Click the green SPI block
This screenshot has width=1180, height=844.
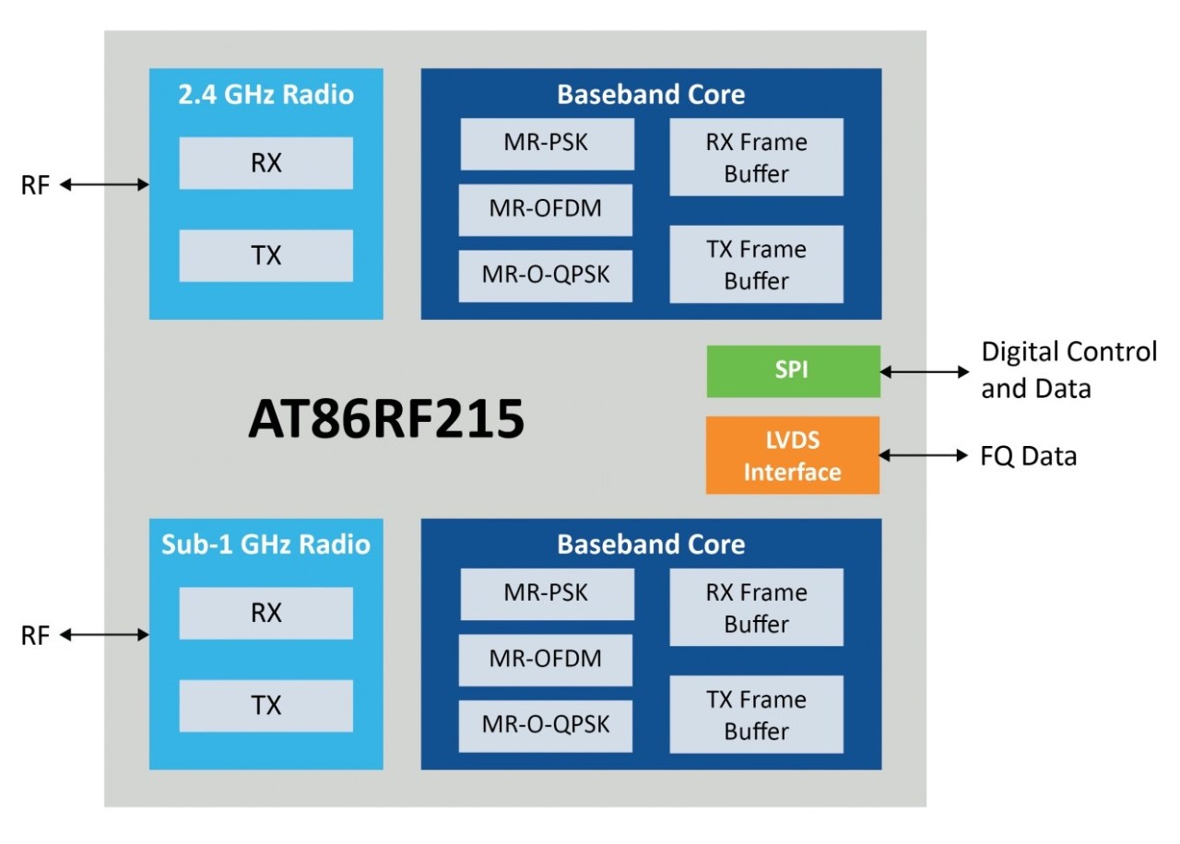point(793,371)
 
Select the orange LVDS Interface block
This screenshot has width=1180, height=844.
point(793,455)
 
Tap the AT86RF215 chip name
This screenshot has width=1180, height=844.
point(386,420)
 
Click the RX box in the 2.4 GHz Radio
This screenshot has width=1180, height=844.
point(265,163)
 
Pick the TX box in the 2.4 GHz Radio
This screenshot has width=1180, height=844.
point(265,256)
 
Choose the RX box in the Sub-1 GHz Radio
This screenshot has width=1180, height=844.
point(265,613)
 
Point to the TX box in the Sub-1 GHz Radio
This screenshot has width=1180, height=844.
point(265,706)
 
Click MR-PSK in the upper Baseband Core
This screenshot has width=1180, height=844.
point(547,144)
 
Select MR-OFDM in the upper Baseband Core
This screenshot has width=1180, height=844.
point(546,209)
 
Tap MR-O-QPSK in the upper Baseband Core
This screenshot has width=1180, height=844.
point(546,275)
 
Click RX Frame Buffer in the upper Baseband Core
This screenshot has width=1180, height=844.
point(756,157)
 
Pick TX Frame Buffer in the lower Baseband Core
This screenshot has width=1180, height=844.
point(756,714)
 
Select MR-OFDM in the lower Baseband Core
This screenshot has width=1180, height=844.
point(546,659)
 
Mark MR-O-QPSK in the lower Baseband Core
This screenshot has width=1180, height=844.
point(546,725)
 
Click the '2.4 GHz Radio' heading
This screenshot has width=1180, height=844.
point(265,95)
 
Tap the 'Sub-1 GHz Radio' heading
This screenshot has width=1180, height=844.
point(265,545)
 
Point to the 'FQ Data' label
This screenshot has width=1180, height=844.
point(1029,456)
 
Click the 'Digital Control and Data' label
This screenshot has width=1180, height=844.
point(1068,369)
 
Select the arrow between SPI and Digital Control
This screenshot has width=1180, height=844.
point(925,372)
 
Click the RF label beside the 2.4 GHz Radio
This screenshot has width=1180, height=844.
point(35,186)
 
